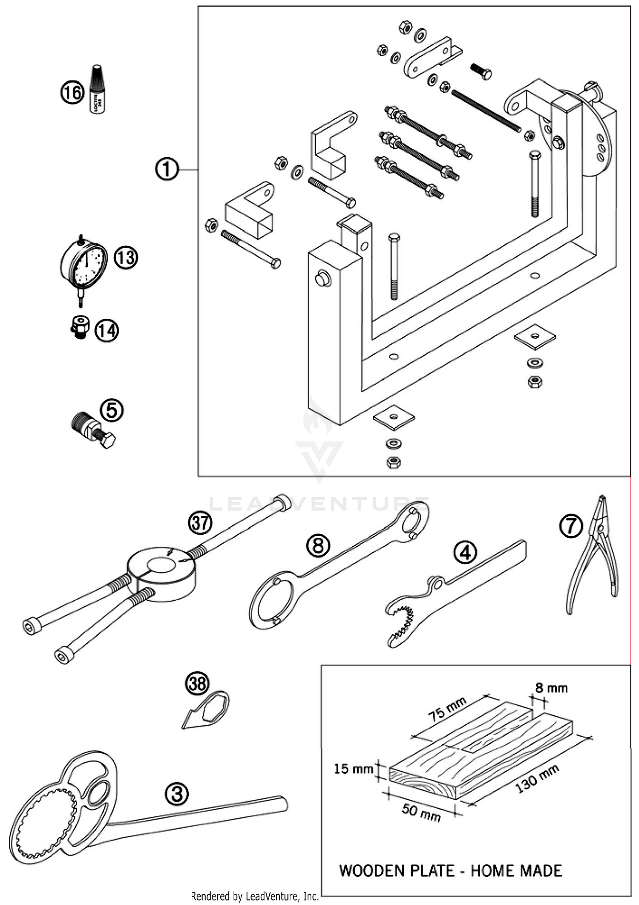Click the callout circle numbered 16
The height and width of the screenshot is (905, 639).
point(72,92)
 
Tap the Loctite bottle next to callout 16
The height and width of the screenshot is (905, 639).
point(97,90)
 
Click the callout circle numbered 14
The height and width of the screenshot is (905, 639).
point(106,331)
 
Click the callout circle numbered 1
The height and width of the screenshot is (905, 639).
point(167,169)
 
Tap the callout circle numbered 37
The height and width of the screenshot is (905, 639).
point(200,523)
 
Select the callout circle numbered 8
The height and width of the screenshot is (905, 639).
point(318,546)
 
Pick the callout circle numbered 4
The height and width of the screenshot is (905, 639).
point(465,553)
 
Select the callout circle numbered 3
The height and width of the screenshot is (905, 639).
point(176,794)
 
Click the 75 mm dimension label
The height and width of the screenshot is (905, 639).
point(447,709)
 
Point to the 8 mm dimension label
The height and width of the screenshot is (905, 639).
point(551,688)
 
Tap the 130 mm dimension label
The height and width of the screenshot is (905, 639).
point(538,779)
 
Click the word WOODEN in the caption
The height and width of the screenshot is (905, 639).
point(371,870)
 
